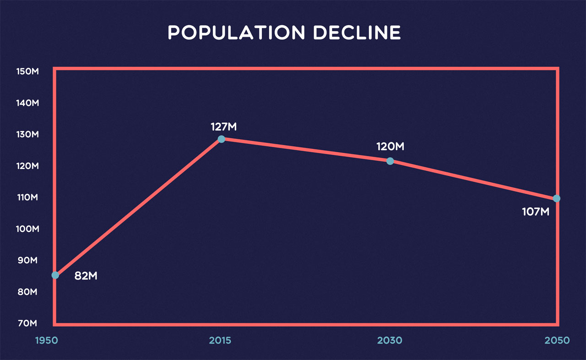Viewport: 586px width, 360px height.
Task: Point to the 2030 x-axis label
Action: [x=390, y=341]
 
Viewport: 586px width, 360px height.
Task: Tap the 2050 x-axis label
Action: [x=557, y=341]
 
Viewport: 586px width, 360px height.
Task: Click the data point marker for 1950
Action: [x=55, y=275]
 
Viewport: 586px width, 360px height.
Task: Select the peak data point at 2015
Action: [x=222, y=139]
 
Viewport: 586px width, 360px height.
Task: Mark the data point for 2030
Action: [x=390, y=161]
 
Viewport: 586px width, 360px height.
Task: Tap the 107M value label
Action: [x=535, y=213]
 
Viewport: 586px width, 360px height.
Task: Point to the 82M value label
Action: [x=86, y=276]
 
